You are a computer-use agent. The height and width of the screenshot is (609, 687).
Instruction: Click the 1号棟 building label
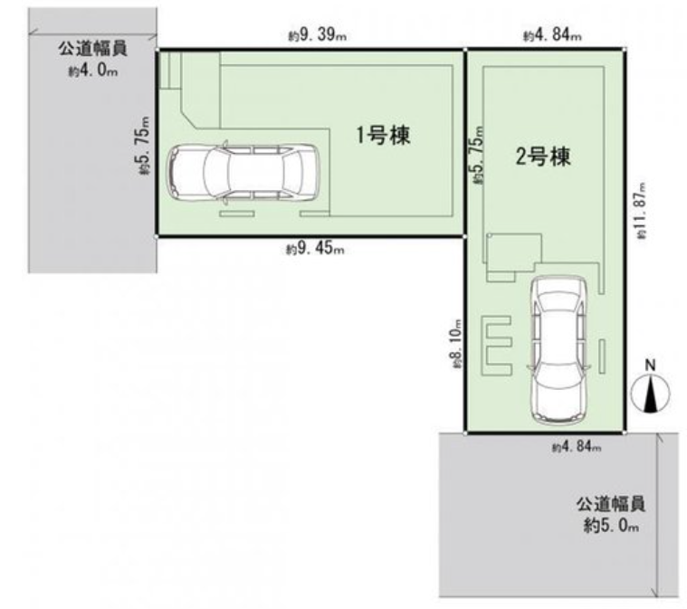pyautogui.click(x=383, y=135)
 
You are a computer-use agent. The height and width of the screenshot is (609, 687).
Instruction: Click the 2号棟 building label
pyautogui.click(x=543, y=156)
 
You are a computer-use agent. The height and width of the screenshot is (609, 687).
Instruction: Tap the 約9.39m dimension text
pyautogui.click(x=317, y=35)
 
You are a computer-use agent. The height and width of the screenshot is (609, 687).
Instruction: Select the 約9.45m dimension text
pyautogui.click(x=315, y=249)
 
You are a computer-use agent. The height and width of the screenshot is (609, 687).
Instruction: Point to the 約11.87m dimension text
pyautogui.click(x=642, y=210)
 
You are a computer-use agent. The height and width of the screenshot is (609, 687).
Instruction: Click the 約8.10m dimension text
pyautogui.click(x=456, y=343)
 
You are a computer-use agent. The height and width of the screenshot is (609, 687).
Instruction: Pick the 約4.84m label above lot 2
pyautogui.click(x=552, y=34)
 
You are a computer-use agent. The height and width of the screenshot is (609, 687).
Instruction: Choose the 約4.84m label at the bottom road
pyautogui.click(x=577, y=447)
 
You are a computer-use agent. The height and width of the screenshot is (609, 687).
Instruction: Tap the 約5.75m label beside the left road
pyautogui.click(x=144, y=145)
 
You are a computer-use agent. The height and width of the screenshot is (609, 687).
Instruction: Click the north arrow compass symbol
pyautogui.click(x=651, y=393)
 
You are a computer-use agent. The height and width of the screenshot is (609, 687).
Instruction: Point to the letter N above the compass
pyautogui.click(x=651, y=365)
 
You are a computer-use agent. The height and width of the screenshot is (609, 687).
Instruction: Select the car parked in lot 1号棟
pyautogui.click(x=243, y=172)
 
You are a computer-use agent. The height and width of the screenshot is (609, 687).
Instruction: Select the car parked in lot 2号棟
pyautogui.click(x=558, y=350)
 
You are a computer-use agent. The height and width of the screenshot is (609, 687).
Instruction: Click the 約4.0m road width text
pyautogui.click(x=93, y=70)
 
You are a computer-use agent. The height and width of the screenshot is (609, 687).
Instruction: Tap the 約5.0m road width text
pyautogui.click(x=611, y=525)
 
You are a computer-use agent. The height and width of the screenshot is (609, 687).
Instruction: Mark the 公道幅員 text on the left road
pyautogui.click(x=93, y=48)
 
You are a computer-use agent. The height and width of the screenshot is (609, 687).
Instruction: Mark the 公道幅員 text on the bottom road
pyautogui.click(x=611, y=504)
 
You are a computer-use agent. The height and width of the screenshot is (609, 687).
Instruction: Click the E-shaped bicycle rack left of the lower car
pyautogui.click(x=496, y=346)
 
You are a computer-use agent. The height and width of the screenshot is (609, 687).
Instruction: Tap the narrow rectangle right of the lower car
pyautogui.click(x=602, y=357)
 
